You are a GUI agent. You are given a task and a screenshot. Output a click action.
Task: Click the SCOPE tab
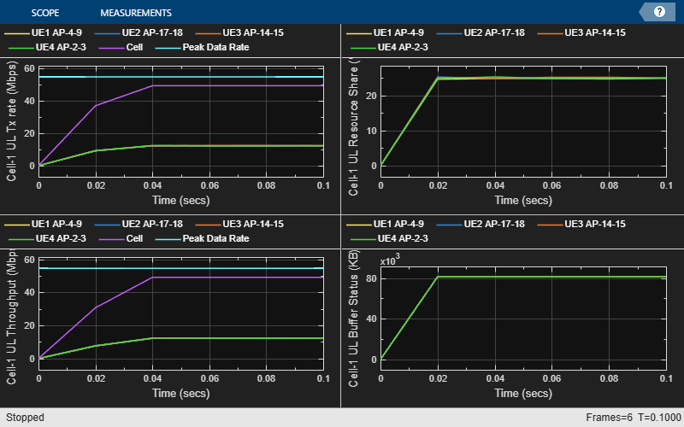pyautogui.click(x=44, y=13)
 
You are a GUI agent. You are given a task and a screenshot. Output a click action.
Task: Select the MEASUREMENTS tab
pyautogui.click(x=135, y=13)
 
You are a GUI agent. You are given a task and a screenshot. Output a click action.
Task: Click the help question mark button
pyautogui.click(x=659, y=12)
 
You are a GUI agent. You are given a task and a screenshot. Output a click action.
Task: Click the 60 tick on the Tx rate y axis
pyautogui.click(x=30, y=68)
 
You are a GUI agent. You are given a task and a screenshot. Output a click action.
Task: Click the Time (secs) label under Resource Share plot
pyautogui.click(x=522, y=200)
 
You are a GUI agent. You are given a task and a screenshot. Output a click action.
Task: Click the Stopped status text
pyautogui.click(x=26, y=418)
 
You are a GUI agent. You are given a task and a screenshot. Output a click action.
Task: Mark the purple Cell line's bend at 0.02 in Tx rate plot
pyautogui.click(x=96, y=105)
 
